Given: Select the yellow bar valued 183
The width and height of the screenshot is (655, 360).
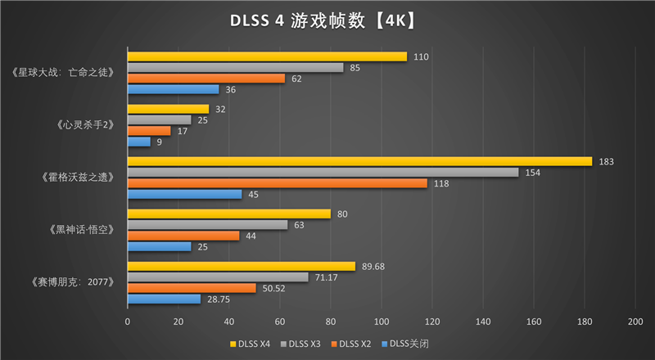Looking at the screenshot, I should (x=359, y=161).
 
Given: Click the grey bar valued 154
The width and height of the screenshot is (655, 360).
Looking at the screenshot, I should (x=323, y=172).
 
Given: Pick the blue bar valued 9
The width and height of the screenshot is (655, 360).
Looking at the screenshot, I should (x=138, y=142).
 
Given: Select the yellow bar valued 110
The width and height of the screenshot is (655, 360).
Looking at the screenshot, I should (x=267, y=56).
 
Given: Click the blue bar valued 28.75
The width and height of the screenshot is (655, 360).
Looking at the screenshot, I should (x=164, y=299).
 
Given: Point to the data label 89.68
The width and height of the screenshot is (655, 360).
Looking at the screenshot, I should (x=373, y=266).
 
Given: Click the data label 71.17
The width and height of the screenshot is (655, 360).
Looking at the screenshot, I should (x=327, y=277).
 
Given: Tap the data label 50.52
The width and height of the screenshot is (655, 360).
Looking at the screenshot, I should (x=274, y=288).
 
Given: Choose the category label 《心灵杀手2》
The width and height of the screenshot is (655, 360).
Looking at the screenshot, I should (x=85, y=125).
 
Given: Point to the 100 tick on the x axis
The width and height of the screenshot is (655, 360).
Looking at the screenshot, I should (x=381, y=322).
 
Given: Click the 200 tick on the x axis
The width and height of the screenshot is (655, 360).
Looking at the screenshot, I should (x=635, y=322).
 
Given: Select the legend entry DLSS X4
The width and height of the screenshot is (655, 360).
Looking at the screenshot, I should (x=253, y=343).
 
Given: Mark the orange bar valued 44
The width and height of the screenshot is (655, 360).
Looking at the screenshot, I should (x=183, y=236).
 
